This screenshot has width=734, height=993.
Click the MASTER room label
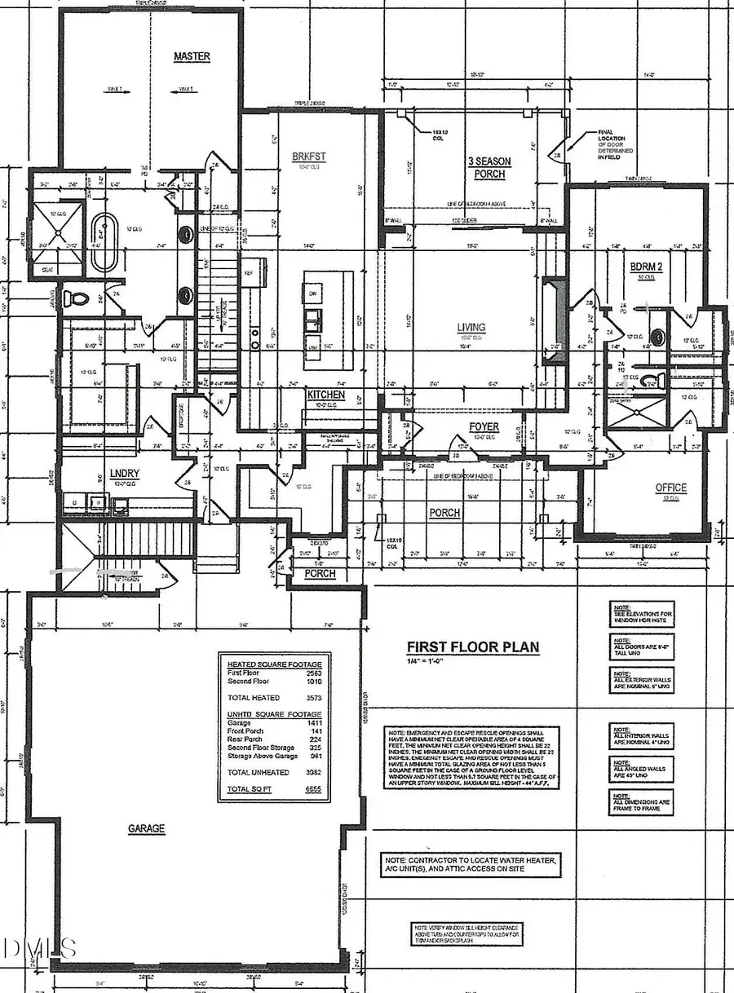(x=192, y=56)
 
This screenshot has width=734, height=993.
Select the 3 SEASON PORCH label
(x=489, y=168)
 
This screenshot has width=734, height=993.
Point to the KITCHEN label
(x=325, y=395)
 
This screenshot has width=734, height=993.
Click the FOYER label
(x=483, y=426)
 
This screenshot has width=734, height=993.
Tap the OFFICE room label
(x=671, y=488)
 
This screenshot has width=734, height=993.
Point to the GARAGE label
(x=146, y=828)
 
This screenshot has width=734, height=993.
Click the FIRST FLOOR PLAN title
(x=473, y=647)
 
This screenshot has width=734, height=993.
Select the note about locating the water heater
(x=472, y=865)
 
